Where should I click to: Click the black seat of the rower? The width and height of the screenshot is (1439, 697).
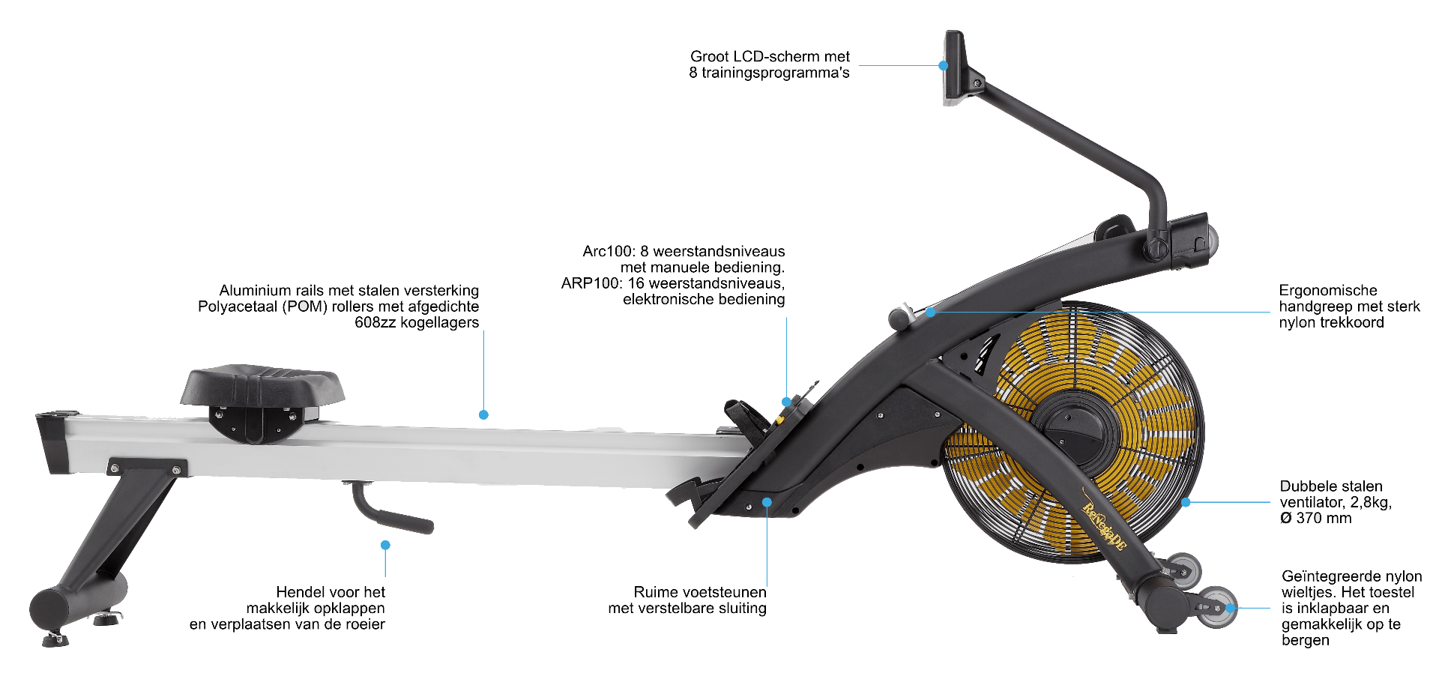(262, 385)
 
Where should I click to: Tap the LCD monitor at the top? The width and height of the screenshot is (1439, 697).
(954, 67)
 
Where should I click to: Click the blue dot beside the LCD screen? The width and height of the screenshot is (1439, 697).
(944, 66)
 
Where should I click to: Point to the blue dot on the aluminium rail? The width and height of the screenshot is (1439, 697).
(483, 414)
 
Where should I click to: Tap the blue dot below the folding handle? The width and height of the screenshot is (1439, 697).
(385, 545)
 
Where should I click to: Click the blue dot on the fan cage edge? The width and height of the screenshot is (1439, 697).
(1186, 502)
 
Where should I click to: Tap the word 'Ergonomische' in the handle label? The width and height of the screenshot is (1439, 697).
(1328, 290)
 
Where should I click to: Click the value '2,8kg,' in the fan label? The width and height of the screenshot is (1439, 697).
(1371, 502)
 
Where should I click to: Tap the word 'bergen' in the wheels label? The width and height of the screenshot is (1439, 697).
(1305, 641)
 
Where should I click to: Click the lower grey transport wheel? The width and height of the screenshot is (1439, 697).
(1216, 607)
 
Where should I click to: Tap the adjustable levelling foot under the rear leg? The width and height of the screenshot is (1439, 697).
(55, 639)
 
